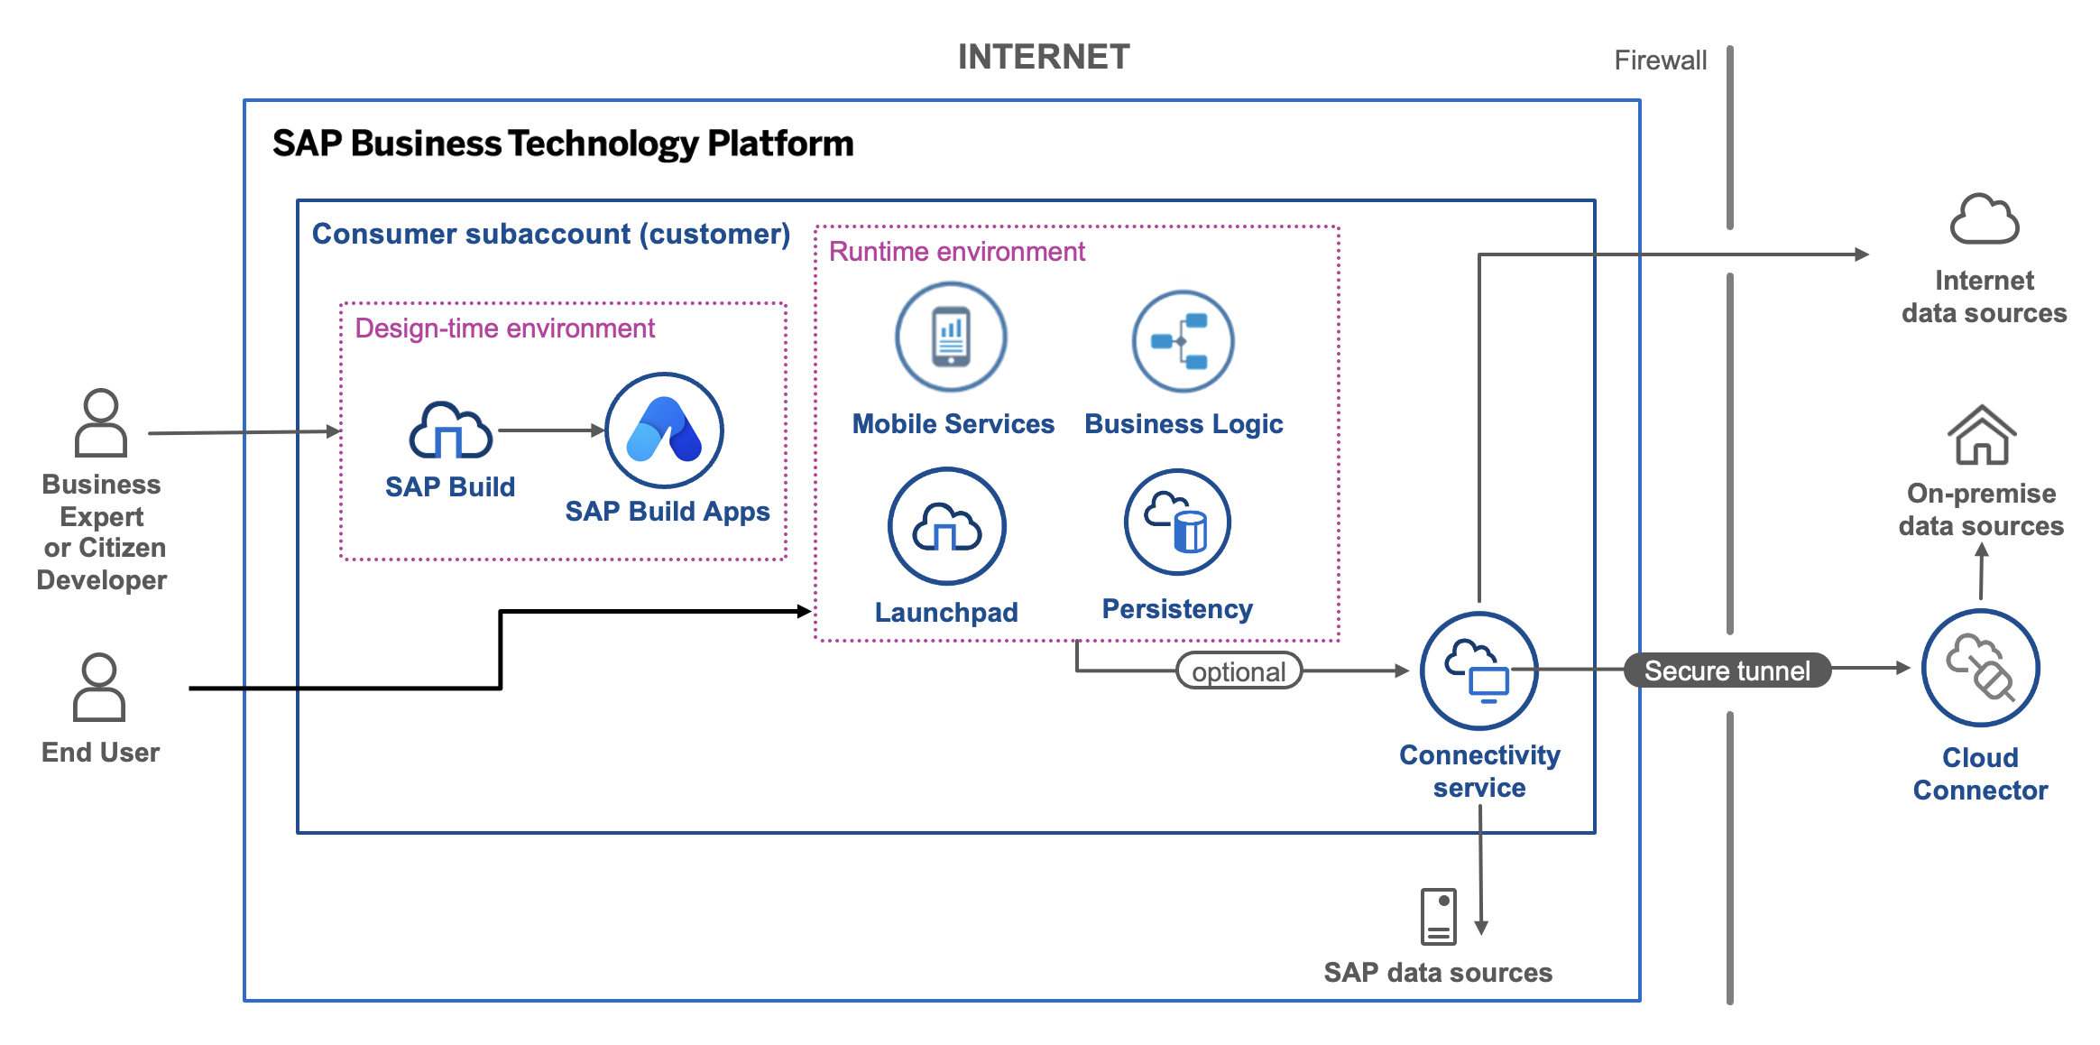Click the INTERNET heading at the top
pos(1043,57)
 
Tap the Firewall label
pos(1660,60)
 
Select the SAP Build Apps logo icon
pos(664,430)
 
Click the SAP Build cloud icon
pos(450,430)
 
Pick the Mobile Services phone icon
pos(951,337)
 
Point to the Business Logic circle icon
pos(1183,341)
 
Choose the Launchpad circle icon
pos(946,526)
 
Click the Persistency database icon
pos(1177,522)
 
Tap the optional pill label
pos(1239,671)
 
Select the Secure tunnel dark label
pos(1727,670)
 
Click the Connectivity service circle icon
pos(1479,670)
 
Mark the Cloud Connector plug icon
pos(1980,668)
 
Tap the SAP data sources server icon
pos(1439,916)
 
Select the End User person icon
pos(99,687)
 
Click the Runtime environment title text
pos(956,252)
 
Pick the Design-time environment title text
pos(504,328)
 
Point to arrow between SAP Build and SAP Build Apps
pos(550,430)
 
